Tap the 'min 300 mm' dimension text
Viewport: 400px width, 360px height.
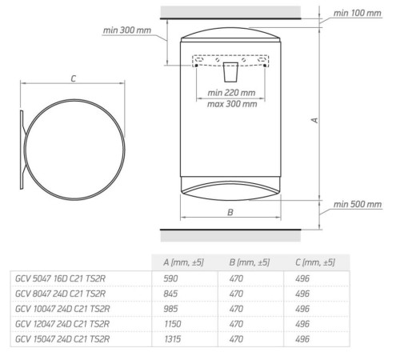click(x=128, y=30)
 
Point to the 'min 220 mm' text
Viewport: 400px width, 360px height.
click(x=231, y=93)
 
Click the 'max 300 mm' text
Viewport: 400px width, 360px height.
click(x=231, y=104)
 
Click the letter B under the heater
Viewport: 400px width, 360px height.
click(x=230, y=213)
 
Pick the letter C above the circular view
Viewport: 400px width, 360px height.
click(x=73, y=78)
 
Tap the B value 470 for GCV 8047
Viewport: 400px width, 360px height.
click(x=236, y=294)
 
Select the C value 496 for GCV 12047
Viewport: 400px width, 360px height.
click(x=302, y=325)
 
